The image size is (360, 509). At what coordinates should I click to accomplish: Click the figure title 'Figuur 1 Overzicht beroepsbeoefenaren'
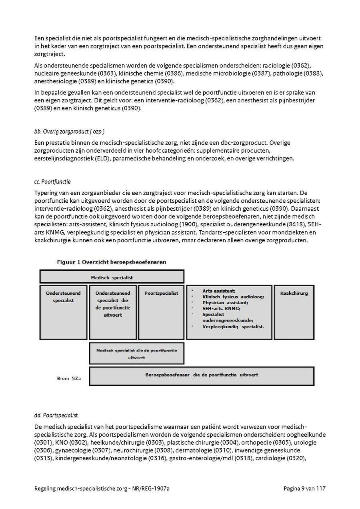click(x=112, y=262)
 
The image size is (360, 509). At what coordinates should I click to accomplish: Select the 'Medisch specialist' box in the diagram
click(x=112, y=277)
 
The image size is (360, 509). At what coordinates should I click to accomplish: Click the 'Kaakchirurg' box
click(x=294, y=293)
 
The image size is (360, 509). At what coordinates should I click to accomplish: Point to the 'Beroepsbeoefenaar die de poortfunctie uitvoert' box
click(x=201, y=375)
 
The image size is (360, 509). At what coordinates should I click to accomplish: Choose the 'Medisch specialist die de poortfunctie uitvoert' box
click(x=136, y=354)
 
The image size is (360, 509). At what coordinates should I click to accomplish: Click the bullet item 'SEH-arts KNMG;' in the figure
click(x=219, y=308)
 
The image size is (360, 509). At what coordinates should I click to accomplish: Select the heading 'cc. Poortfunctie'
click(x=52, y=182)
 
